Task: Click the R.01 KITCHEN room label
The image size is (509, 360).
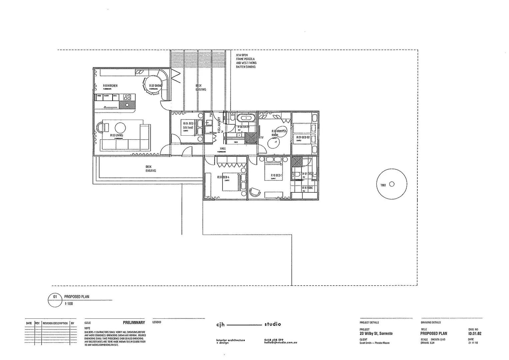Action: pos(110,86)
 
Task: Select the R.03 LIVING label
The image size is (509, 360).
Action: pos(117,135)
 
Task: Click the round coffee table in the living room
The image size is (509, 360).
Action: pos(120,127)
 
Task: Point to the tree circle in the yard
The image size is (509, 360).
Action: pos(391,184)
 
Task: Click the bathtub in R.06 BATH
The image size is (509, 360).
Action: pos(246,118)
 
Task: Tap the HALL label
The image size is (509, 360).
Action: pos(223,149)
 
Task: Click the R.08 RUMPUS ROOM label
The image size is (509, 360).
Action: pos(279,133)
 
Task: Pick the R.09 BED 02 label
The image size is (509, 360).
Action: pos(303,137)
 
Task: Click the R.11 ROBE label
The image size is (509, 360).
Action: pos(307,188)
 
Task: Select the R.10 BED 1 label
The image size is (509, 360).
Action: pos(276,175)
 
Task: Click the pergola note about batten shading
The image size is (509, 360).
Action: pos(246,61)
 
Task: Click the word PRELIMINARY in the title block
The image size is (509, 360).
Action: pos(134,323)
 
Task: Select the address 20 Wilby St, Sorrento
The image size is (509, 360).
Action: pos(376,333)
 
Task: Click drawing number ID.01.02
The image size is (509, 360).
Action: pos(475,333)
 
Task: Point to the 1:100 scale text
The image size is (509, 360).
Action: pos(69,304)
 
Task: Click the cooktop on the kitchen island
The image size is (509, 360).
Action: pos(127,97)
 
